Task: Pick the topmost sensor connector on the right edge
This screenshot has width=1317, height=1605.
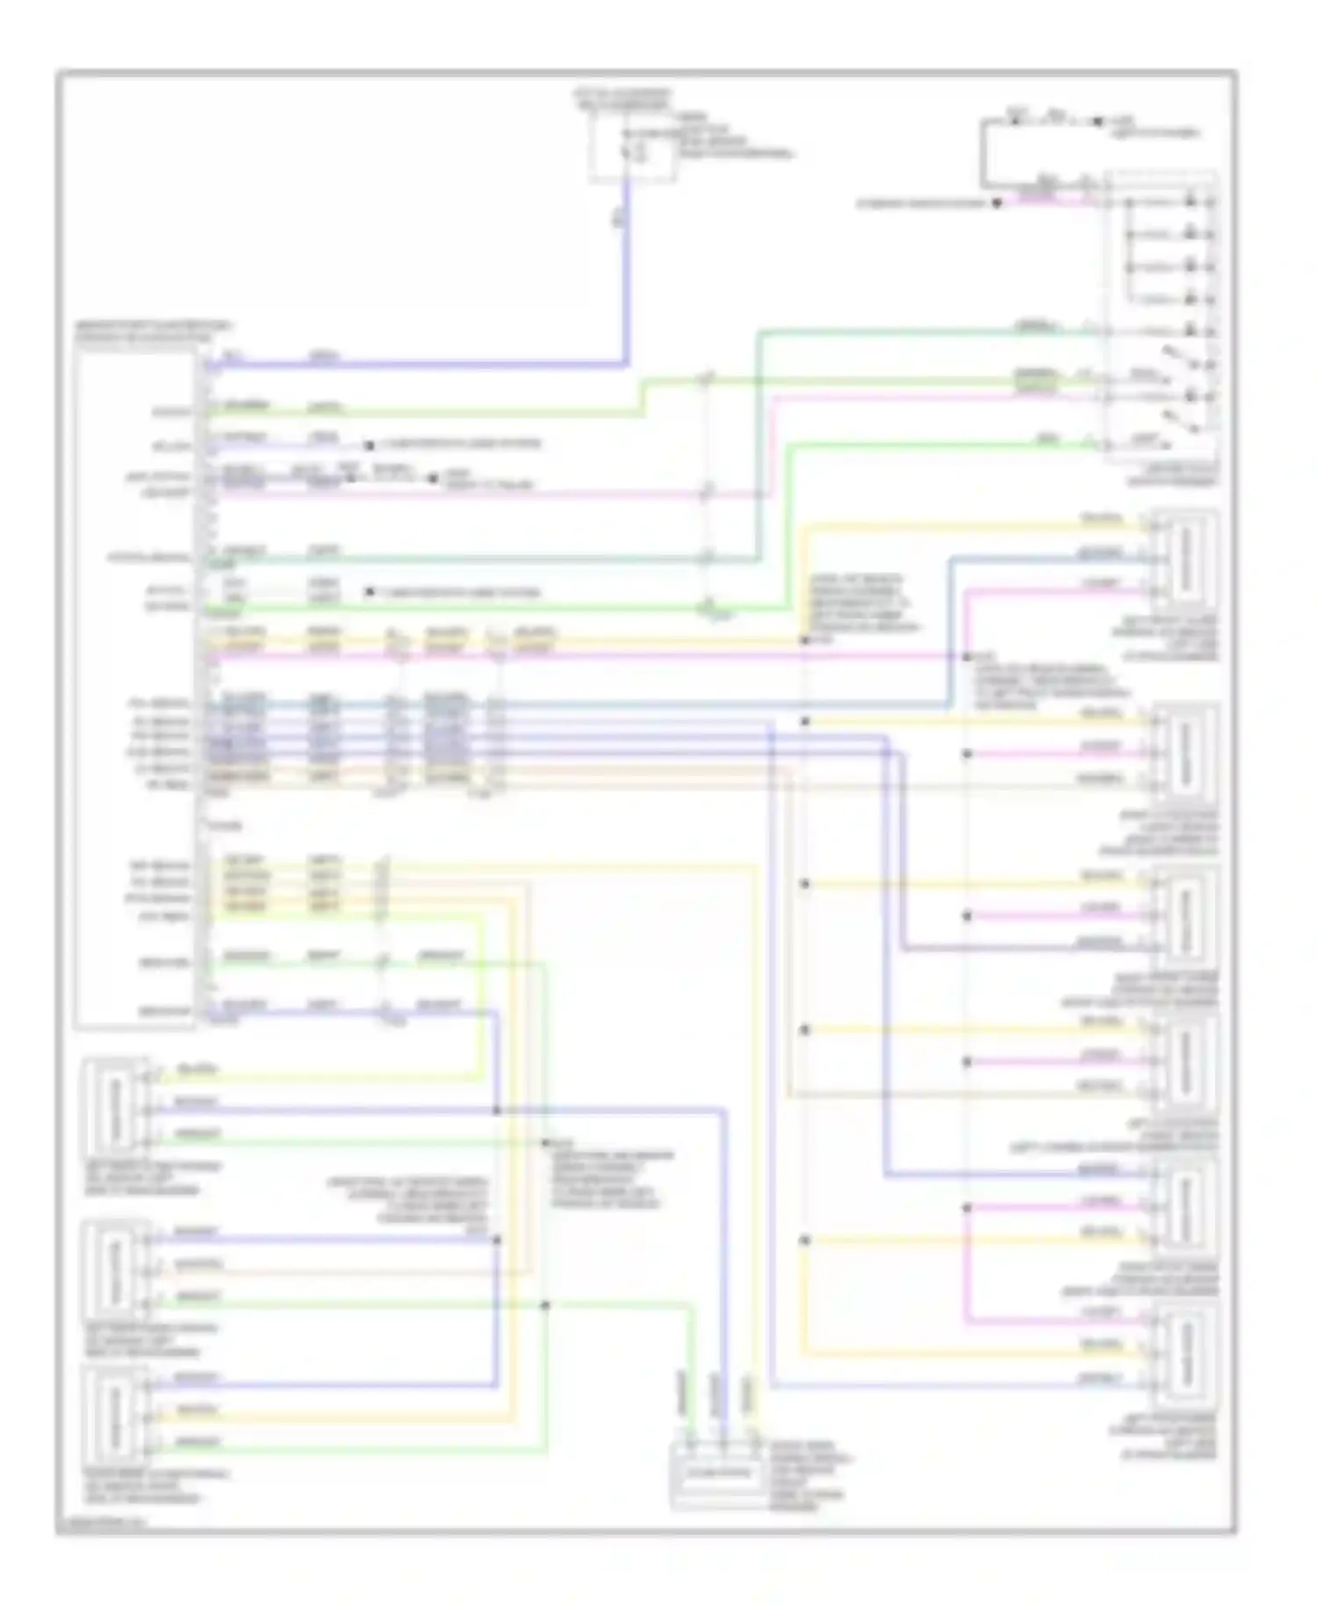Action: tap(1184, 555)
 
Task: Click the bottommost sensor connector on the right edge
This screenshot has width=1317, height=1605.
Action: tap(1184, 1353)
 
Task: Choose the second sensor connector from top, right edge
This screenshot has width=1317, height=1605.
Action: tap(1184, 749)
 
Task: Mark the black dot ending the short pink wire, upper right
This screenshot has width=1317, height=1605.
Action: tap(997, 205)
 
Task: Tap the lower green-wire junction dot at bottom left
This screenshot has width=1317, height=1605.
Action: tap(544, 1306)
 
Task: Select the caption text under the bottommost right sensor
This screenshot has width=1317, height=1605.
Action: tap(1168, 1437)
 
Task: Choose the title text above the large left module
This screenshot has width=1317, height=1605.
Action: tap(153, 331)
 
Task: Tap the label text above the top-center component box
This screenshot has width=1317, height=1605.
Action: tap(623, 98)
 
